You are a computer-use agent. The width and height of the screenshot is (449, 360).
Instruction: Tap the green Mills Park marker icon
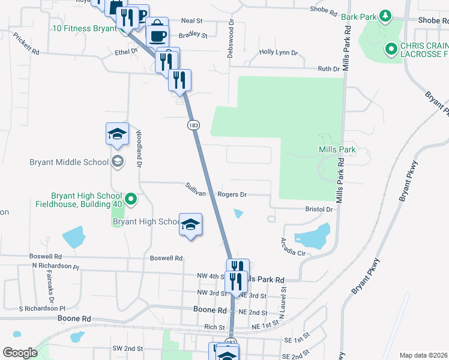[x=327, y=139]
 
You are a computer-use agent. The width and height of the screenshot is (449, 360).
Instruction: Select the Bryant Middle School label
[x=69, y=162]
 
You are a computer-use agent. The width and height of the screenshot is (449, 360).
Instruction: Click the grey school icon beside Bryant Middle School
[x=118, y=161]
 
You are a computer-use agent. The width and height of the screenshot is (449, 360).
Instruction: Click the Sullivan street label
[x=196, y=193]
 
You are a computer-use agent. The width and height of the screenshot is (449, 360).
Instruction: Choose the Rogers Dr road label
[x=232, y=194]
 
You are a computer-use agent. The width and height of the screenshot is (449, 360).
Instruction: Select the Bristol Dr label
[x=319, y=209]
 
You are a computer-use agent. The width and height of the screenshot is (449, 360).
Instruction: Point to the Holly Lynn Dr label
[x=279, y=53]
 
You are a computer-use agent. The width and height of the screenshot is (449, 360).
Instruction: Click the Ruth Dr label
[x=328, y=69]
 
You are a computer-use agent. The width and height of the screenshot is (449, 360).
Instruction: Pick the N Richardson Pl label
[x=55, y=265]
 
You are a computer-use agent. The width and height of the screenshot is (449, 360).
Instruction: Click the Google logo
[x=20, y=353]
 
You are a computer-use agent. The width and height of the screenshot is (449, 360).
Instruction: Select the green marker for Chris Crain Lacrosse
[x=392, y=48]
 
